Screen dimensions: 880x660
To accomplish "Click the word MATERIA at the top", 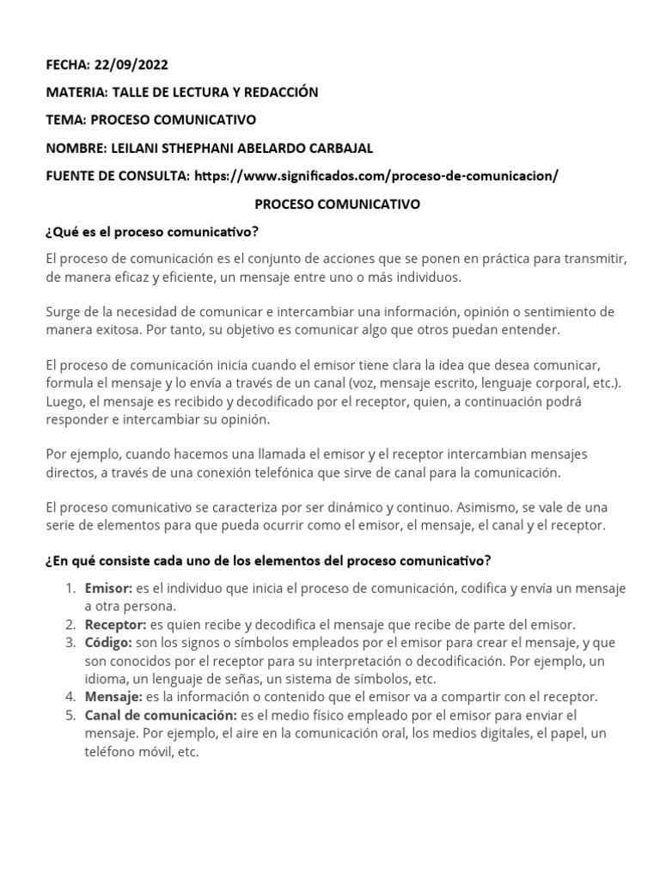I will (x=72, y=92).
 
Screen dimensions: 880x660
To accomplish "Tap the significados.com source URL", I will (x=376, y=175).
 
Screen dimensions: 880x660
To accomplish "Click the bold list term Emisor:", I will (x=108, y=589).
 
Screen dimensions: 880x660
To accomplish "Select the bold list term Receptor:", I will (x=115, y=625).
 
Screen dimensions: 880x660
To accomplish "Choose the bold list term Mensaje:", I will (x=113, y=696).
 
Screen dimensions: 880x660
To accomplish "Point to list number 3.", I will (x=70, y=643).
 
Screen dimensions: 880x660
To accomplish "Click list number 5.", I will (x=70, y=714).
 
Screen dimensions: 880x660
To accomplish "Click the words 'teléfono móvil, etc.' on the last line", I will (x=141, y=750).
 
